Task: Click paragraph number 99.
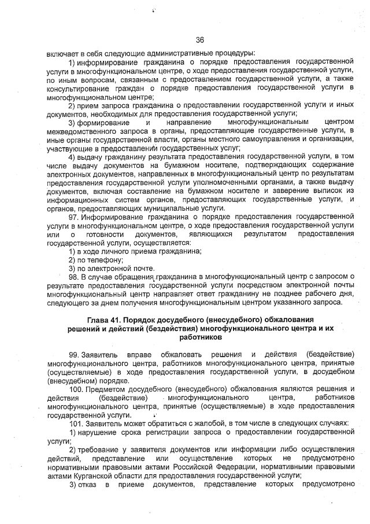pyautogui.click(x=73, y=354)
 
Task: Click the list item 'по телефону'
pyautogui.click(x=92, y=260)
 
